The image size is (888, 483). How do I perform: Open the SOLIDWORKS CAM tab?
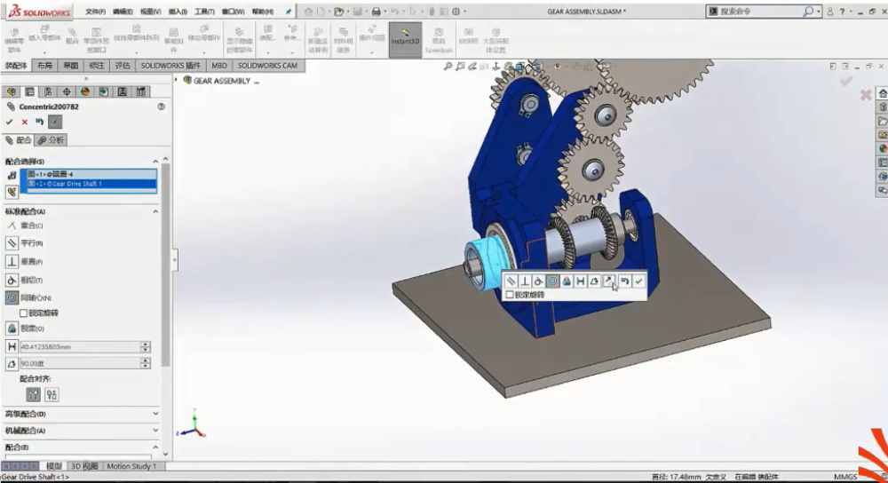coord(267,66)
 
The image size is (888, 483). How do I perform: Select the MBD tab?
coord(219,66)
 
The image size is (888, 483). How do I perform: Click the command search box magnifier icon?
coord(808,12)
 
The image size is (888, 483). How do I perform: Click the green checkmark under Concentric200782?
coord(10,122)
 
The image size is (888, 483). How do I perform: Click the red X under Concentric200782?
coord(25,122)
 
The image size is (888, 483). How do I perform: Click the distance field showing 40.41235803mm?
coord(78,346)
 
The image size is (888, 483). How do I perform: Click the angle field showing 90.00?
coord(78,363)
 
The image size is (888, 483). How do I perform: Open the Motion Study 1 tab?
coord(131,466)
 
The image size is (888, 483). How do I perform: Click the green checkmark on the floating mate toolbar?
coord(638,281)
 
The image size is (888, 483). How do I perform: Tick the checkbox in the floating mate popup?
coord(510,295)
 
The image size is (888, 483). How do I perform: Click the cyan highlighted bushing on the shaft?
coord(481,265)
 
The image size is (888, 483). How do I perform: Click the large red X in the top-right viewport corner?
coord(865,94)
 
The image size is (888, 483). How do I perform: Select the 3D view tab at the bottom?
coord(85,466)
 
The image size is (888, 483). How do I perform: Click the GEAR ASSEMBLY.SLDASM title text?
coord(585,12)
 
